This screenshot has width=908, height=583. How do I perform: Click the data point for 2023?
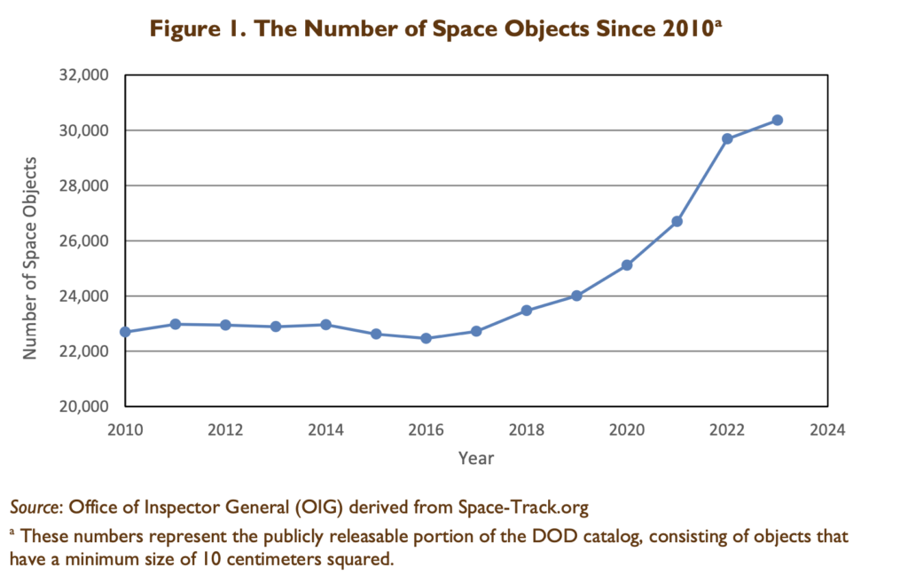click(x=777, y=120)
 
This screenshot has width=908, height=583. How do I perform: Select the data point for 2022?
click(x=727, y=138)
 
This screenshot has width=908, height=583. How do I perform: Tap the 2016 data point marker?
click(x=426, y=338)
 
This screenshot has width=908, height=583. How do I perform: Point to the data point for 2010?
click(x=125, y=332)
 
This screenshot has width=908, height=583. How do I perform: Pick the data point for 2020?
click(x=627, y=264)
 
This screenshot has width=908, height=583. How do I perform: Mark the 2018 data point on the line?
click(x=526, y=310)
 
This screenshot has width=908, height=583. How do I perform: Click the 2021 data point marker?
click(x=677, y=221)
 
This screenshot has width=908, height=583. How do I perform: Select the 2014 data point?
click(x=325, y=325)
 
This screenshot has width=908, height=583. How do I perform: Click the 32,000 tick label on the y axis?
click(x=87, y=75)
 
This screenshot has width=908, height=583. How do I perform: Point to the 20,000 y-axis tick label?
click(x=87, y=406)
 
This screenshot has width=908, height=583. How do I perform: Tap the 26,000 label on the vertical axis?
click(x=87, y=241)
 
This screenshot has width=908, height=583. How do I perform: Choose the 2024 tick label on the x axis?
click(x=827, y=429)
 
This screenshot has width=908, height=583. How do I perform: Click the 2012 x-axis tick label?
click(x=225, y=429)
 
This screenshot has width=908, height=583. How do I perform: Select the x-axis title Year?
click(x=476, y=458)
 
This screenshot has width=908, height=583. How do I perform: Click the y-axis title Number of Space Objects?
click(x=30, y=257)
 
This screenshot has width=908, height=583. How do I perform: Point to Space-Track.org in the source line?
click(x=523, y=508)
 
